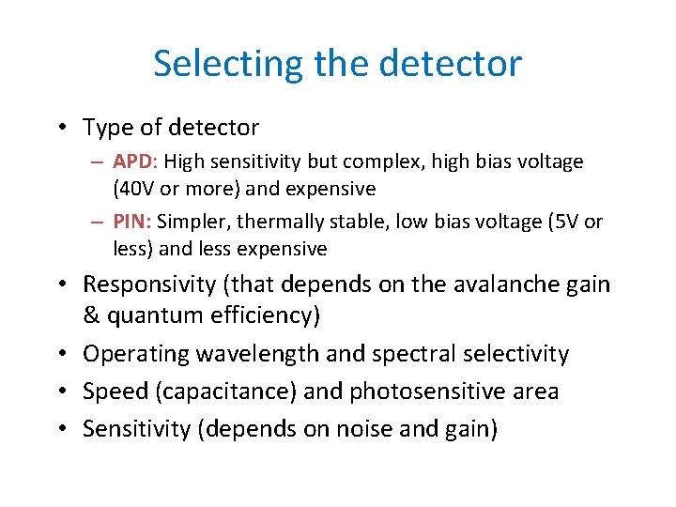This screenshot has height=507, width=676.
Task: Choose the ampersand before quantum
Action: pyautogui.click(x=91, y=315)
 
